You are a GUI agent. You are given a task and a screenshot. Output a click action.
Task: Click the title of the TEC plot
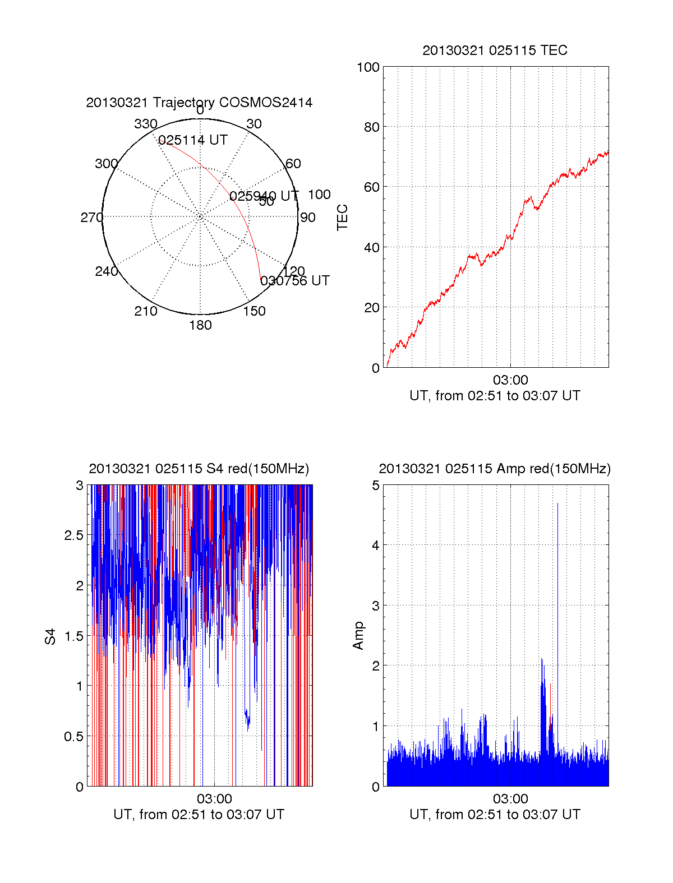point(495,50)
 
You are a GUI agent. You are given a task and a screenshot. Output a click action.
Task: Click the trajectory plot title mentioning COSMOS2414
point(199,103)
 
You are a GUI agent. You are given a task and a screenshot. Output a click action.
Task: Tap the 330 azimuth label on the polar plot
point(146,124)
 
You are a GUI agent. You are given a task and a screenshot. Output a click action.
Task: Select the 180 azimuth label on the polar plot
point(200,325)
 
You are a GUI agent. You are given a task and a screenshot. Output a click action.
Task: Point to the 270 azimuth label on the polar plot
point(91,218)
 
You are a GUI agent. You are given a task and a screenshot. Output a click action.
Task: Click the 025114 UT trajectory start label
point(193,140)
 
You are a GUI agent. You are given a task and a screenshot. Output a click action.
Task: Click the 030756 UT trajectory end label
point(295,281)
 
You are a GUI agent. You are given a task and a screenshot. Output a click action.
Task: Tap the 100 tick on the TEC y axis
point(368,67)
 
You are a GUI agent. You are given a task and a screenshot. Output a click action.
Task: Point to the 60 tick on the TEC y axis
point(371,187)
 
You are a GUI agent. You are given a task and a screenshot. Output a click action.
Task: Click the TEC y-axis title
point(342,218)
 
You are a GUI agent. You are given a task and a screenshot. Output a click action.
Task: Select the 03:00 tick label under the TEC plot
point(510,380)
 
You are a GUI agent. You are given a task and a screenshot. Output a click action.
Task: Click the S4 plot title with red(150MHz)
point(199,469)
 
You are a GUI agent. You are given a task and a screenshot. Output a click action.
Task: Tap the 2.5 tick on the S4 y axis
point(75,535)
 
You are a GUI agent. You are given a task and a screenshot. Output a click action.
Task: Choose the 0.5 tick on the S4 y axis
point(75,737)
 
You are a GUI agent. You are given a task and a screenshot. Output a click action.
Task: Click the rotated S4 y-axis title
point(50,636)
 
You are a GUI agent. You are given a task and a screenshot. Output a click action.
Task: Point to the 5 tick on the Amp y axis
point(376,486)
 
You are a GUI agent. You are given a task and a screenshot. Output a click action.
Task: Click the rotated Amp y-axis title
point(358,636)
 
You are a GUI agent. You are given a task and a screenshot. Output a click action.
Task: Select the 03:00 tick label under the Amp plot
point(510,799)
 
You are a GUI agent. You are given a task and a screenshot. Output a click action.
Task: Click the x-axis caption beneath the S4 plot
point(199,815)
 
